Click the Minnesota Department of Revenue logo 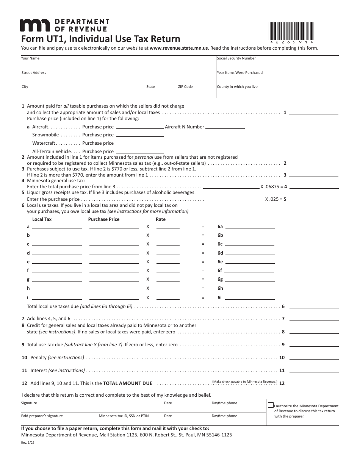[64, 25]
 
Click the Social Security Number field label [236, 58]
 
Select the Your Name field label [30, 58]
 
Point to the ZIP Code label [185, 87]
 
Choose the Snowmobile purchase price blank [140, 136]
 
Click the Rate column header [161, 219]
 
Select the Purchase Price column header [103, 219]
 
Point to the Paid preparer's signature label [42, 416]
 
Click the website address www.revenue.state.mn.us [179, 48]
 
